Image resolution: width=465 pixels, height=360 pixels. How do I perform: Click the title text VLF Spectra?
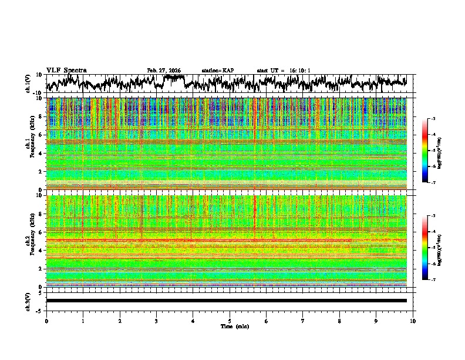tap(66, 70)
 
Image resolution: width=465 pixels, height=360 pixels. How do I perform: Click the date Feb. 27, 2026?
tap(164, 71)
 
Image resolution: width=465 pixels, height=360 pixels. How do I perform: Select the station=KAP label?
tap(218, 71)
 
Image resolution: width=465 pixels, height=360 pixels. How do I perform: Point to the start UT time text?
tap(284, 71)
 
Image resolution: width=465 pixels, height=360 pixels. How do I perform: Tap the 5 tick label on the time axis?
tap(230, 321)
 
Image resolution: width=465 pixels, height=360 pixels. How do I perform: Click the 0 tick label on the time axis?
tap(46, 321)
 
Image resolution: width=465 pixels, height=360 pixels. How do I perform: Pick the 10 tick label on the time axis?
tap(413, 321)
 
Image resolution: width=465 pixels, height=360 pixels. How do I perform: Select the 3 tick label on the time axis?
tap(156, 321)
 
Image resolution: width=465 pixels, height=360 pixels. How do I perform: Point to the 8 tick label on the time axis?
tap(339, 321)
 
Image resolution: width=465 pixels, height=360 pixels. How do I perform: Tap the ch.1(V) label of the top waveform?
tap(28, 84)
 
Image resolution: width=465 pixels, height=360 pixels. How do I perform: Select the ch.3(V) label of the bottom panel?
tap(28, 301)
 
